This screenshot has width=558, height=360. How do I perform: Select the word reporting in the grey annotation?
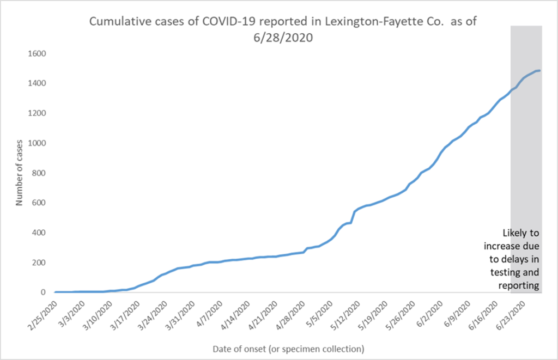coord(521,285)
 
